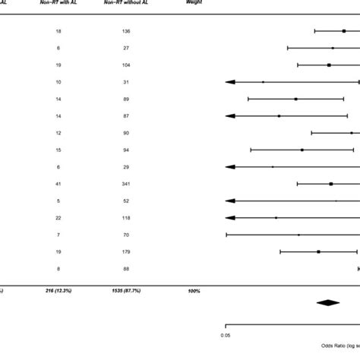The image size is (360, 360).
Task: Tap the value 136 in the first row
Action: (125, 31)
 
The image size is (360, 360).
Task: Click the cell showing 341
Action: (125, 184)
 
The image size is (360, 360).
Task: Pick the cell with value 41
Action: (59, 184)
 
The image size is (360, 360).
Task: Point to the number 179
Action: (125, 251)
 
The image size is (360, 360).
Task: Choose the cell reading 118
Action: (125, 218)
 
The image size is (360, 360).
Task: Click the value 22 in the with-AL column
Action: (59, 218)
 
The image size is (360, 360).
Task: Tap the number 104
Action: (125, 65)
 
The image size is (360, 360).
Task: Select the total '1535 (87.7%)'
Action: (125, 291)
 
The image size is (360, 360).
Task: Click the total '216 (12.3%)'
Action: (59, 291)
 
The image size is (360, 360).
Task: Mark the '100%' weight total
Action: (194, 291)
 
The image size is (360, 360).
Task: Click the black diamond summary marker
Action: (328, 303)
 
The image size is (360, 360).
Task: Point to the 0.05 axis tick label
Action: (226, 334)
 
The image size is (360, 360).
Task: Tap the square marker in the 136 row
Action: (344, 31)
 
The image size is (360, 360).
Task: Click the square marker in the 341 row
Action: (331, 184)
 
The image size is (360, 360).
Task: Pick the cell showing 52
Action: (125, 201)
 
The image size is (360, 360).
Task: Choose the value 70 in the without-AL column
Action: (125, 235)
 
